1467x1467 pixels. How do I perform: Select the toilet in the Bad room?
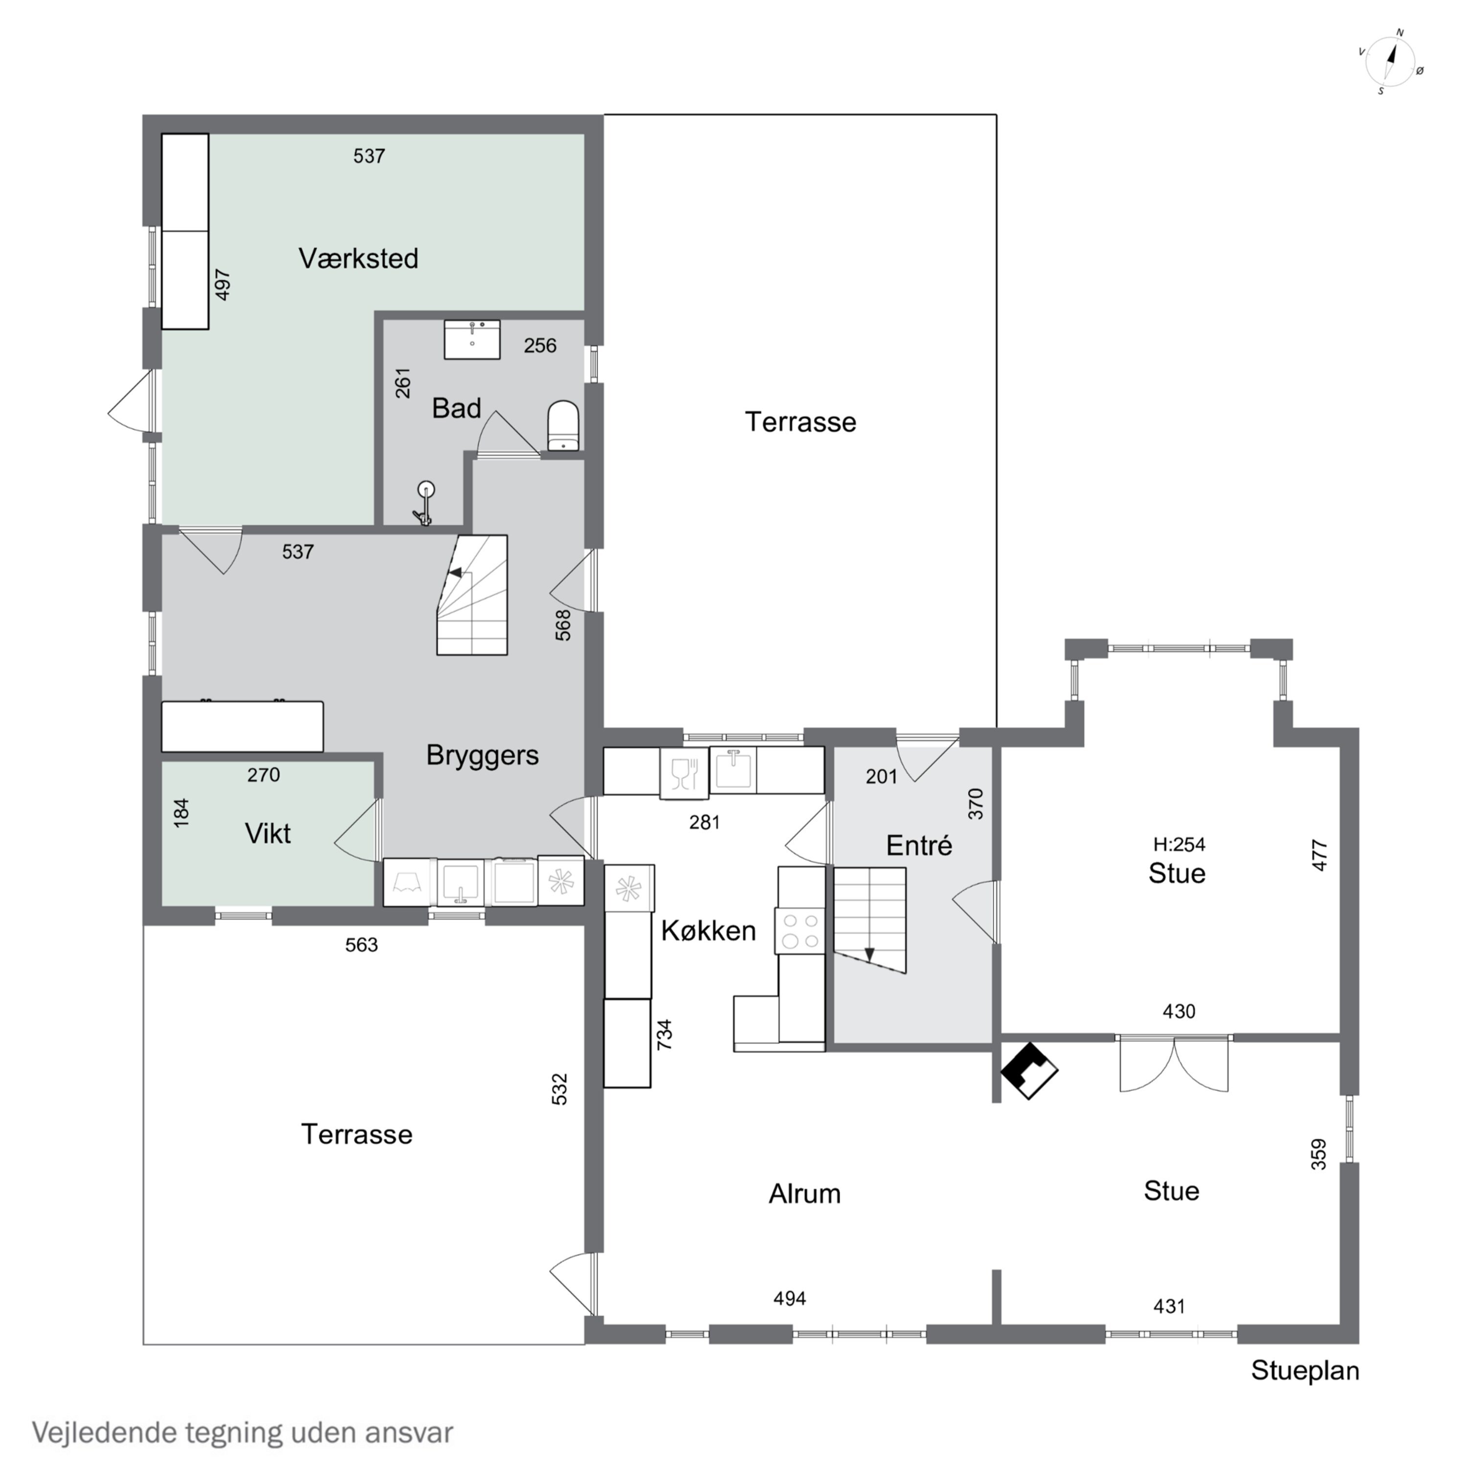click(x=563, y=426)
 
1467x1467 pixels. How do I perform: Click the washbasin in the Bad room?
click(x=472, y=339)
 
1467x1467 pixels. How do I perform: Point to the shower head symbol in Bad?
click(x=425, y=502)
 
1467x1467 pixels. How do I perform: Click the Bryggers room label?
click(x=482, y=755)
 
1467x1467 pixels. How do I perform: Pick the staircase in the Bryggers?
click(x=471, y=595)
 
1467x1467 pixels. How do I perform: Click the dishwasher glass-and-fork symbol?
click(x=684, y=773)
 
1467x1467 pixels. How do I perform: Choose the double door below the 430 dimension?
click(x=1174, y=1063)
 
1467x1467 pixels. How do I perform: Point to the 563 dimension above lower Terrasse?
click(x=361, y=945)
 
